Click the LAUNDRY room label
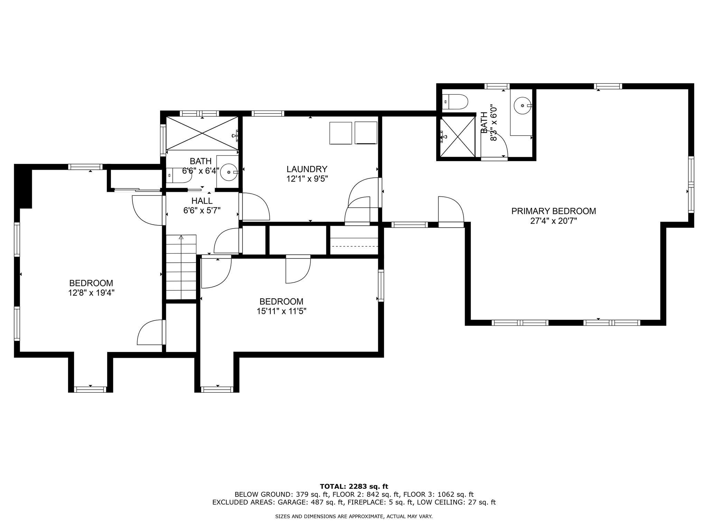[307, 169]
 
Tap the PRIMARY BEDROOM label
[553, 211]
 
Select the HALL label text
[202, 201]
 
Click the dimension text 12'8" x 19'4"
[91, 293]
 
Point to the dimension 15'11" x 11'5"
[281, 311]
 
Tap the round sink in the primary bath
[522, 105]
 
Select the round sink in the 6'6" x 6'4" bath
[229, 171]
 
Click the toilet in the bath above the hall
[178, 175]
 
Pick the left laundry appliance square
[341, 133]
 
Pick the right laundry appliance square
[366, 133]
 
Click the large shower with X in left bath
[202, 133]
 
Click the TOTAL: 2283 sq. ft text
[354, 487]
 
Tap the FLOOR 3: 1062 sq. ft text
[438, 494]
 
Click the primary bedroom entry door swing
[450, 211]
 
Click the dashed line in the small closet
[355, 246]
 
